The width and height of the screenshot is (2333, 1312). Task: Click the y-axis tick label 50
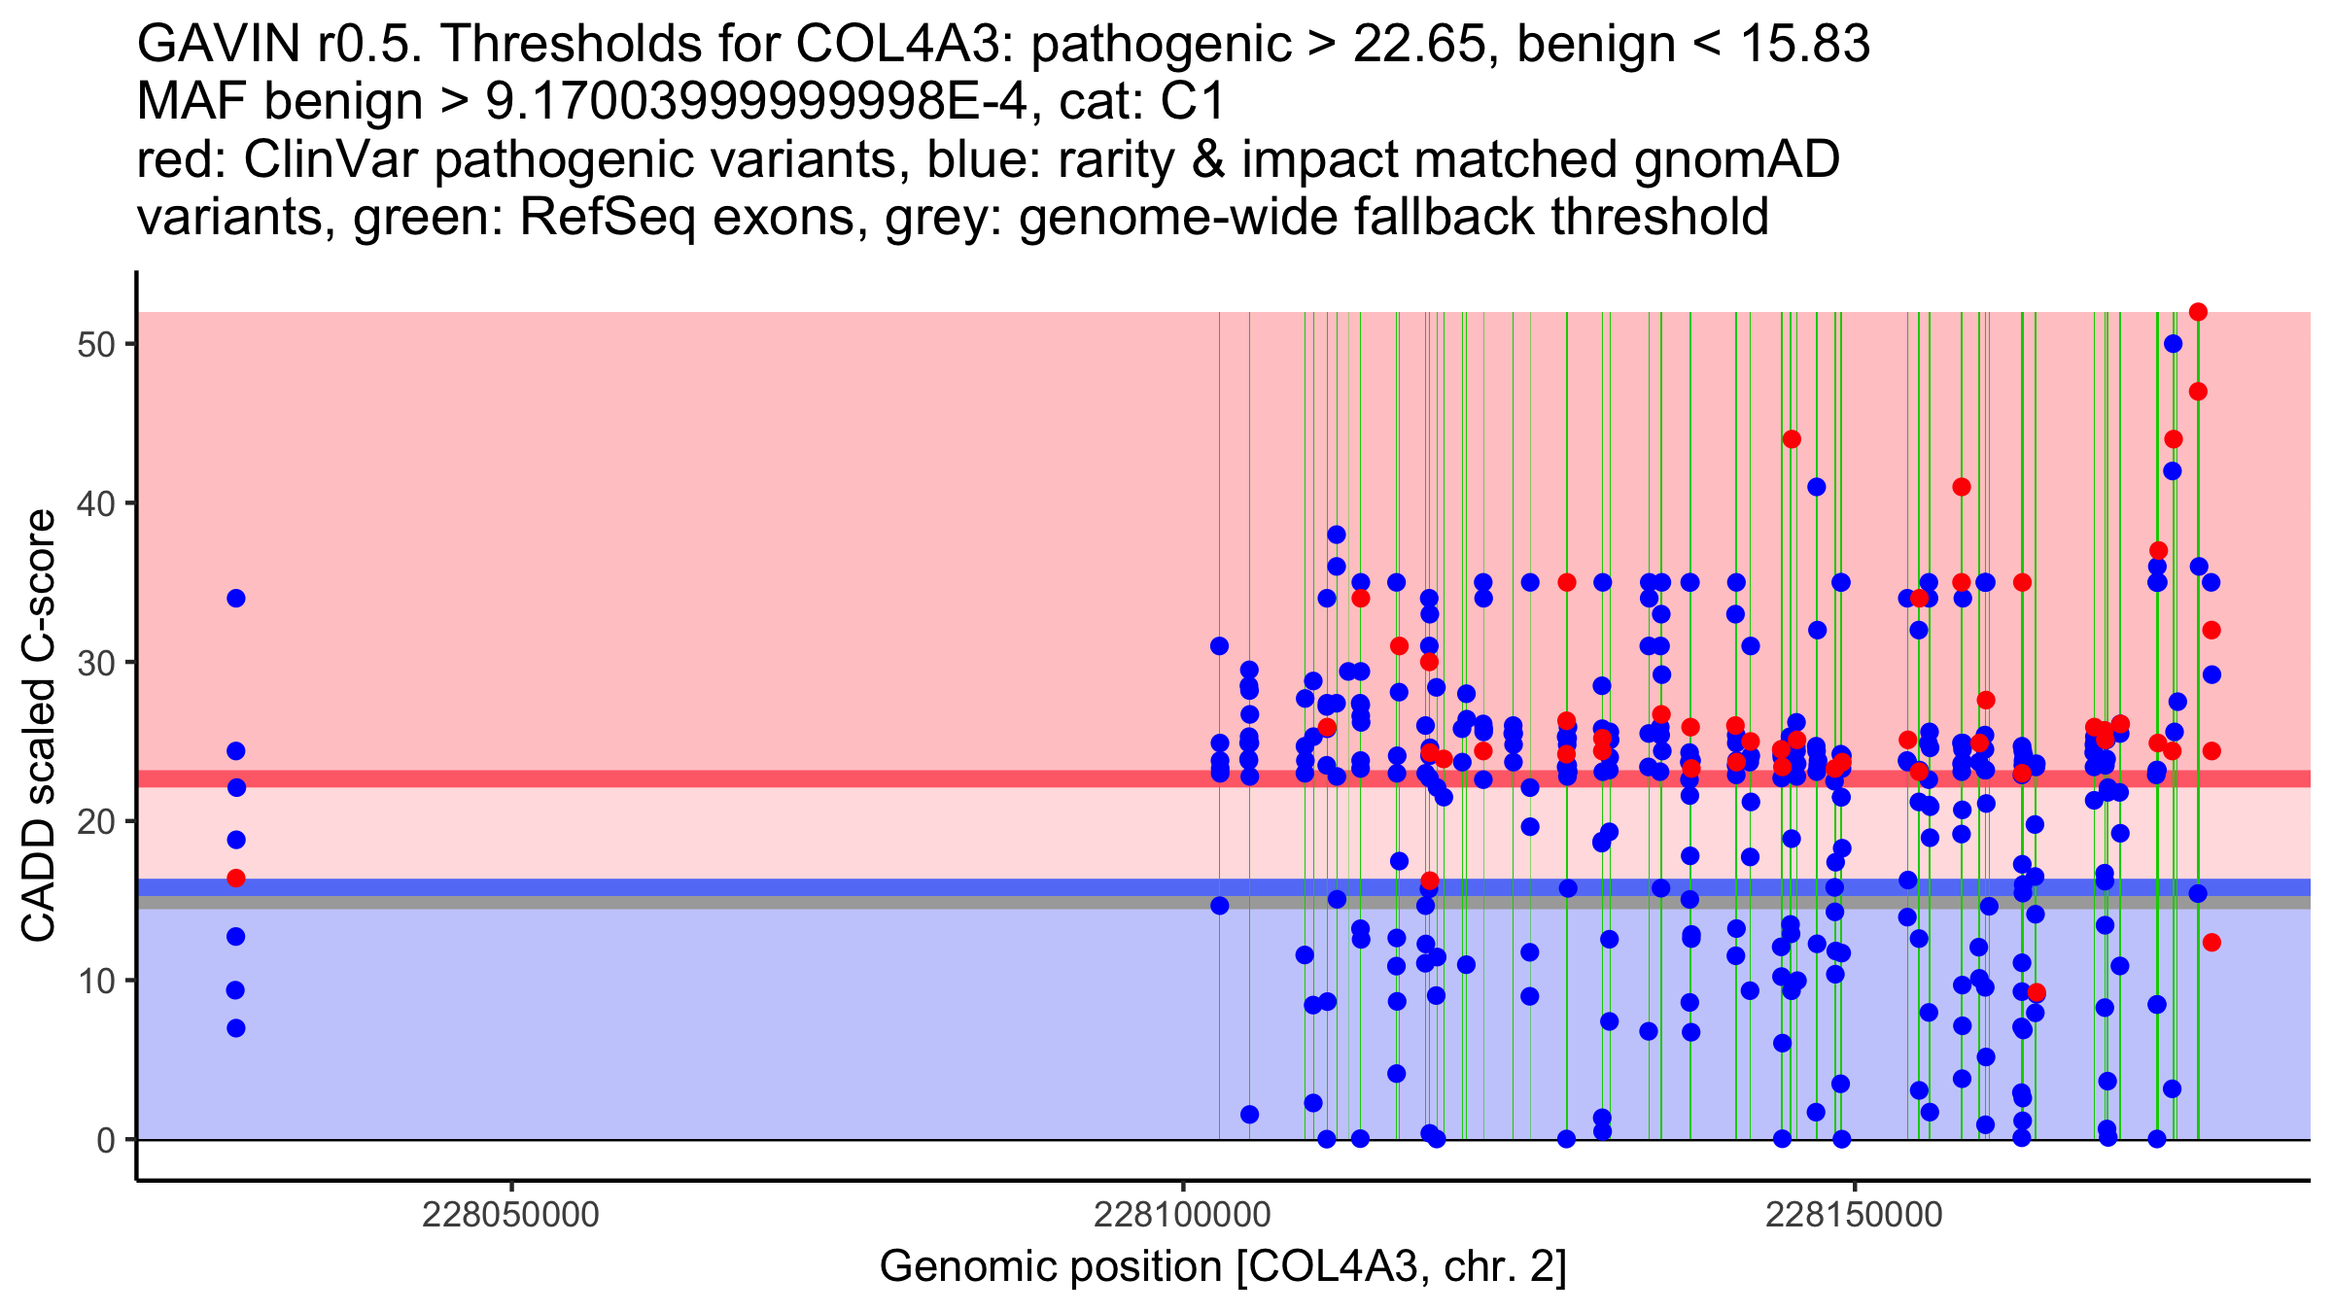96,345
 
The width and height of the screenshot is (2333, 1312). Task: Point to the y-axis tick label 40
96,503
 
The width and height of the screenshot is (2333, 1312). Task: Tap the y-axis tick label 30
96,663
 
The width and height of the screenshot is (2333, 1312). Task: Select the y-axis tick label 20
96,821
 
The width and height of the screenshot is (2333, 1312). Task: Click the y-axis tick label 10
96,981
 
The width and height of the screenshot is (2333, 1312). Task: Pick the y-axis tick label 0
106,1140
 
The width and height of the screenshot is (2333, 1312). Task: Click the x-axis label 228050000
510,1215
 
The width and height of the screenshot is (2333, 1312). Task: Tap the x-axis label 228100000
1182,1215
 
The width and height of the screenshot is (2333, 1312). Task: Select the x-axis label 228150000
1854,1215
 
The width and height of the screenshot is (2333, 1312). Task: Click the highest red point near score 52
2198,312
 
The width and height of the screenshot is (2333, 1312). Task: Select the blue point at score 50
2173,344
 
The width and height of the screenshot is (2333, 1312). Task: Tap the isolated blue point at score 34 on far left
236,599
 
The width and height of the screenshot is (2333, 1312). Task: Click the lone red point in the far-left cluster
236,879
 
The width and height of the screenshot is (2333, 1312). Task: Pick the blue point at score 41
1816,487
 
